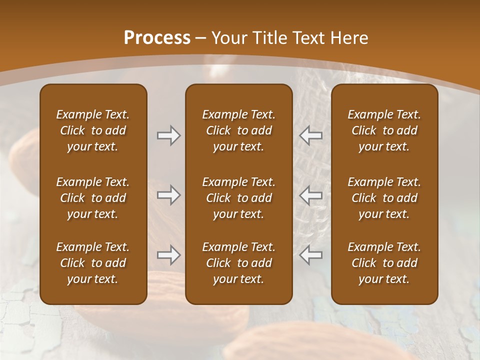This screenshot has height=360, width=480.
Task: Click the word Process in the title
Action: (x=157, y=38)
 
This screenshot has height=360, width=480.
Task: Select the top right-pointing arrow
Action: (x=168, y=135)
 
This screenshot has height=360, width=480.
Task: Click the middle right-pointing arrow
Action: (x=168, y=194)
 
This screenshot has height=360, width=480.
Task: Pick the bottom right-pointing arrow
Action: (x=168, y=255)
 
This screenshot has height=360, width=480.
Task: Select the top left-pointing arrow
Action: (x=311, y=135)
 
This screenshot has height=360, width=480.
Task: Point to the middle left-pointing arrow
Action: (x=311, y=194)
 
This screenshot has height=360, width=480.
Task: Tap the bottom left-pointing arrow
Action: (x=311, y=255)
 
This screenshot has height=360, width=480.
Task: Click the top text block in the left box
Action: (x=93, y=130)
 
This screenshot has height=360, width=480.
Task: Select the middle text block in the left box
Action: (x=93, y=198)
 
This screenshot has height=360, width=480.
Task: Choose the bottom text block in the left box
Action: (x=93, y=263)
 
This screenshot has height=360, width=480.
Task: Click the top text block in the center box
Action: (x=238, y=130)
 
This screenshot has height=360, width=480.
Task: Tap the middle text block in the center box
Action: (x=238, y=198)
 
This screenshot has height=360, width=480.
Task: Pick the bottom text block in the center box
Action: (x=238, y=263)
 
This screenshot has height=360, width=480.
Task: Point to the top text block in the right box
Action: (x=384, y=130)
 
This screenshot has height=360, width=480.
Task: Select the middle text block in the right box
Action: (x=384, y=198)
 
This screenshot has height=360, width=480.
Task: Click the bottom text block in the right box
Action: (x=384, y=263)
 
